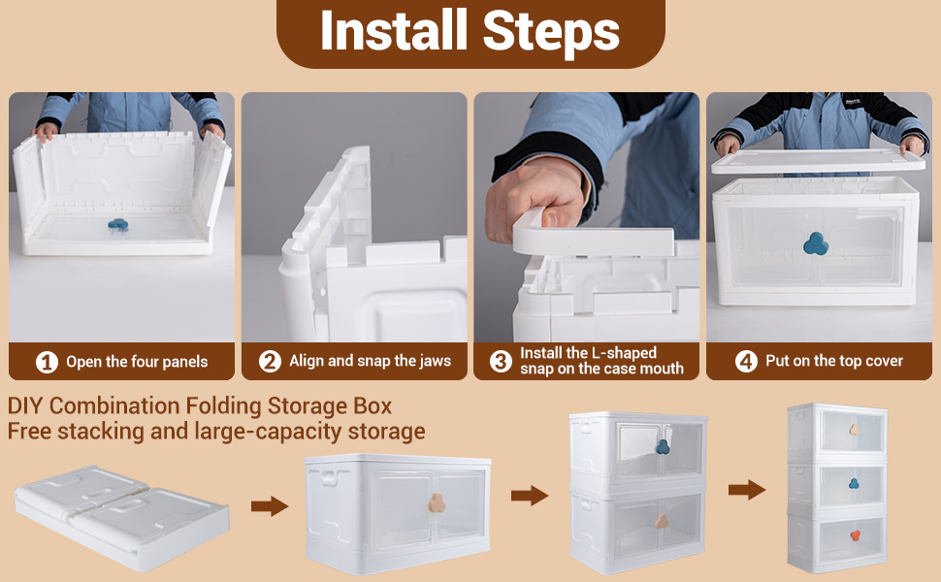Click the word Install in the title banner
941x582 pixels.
pyautogui.click(x=394, y=30)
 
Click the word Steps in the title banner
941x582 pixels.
pyautogui.click(x=551, y=34)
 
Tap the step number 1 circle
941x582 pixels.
pyautogui.click(x=47, y=362)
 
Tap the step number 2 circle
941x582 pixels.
pyautogui.click(x=270, y=361)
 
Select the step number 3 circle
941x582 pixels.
pyautogui.click(x=502, y=361)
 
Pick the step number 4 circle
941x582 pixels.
pyautogui.click(x=747, y=361)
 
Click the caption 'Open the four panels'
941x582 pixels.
pyautogui.click(x=137, y=362)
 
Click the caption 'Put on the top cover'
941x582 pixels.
pyautogui.click(x=834, y=361)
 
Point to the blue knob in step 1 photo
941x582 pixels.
pyautogui.click(x=118, y=225)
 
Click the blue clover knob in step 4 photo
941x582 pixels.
pyautogui.click(x=816, y=243)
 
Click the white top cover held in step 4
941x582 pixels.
pyautogui.click(x=819, y=161)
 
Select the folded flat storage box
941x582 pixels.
pyautogui.click(x=122, y=517)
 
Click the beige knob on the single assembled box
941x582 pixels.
pyautogui.click(x=437, y=502)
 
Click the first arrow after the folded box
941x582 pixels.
pyautogui.click(x=270, y=505)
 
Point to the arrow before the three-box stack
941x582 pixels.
pyautogui.click(x=747, y=490)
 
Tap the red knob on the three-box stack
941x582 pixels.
pyautogui.click(x=855, y=535)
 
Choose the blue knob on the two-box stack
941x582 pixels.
pyautogui.click(x=663, y=446)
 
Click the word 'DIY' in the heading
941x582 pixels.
pyautogui.click(x=25, y=406)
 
